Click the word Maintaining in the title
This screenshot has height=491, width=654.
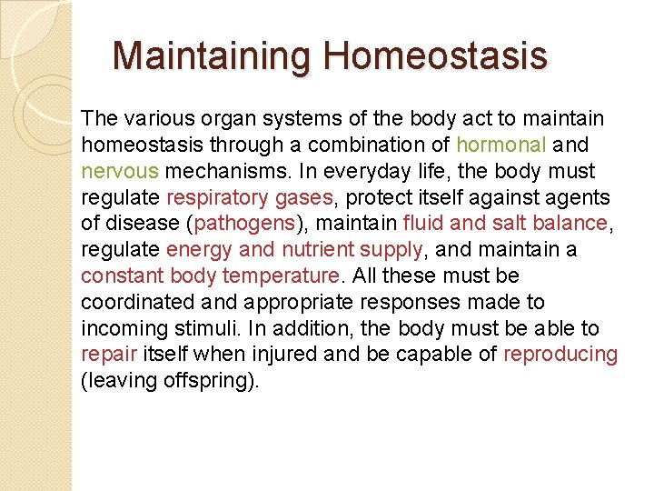coord(213,55)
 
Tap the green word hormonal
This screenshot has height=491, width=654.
coord(501,145)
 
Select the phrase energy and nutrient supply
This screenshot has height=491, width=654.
coord(294,249)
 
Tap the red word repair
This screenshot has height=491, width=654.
coord(105,355)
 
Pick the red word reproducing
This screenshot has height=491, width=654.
coord(560,355)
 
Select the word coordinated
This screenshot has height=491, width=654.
coord(133,302)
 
